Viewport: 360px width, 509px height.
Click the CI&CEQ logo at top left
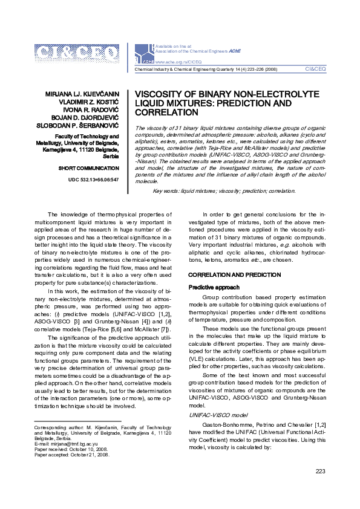(x=77, y=55)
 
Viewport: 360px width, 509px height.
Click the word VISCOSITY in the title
(x=160, y=95)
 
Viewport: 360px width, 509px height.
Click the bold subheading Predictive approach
(x=214, y=287)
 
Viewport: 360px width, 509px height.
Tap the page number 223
(x=321, y=471)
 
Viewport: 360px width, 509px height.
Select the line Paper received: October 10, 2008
(x=71, y=449)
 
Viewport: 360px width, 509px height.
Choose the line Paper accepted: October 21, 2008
(x=71, y=455)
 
